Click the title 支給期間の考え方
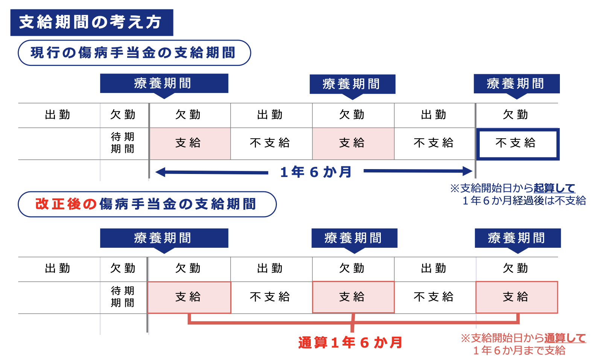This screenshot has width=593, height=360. point(91,23)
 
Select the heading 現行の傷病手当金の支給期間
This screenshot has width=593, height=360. point(134,53)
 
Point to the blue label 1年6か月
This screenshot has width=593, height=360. point(316,172)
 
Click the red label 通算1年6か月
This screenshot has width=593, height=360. point(350,343)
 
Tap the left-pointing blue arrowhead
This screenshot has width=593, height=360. point(160,172)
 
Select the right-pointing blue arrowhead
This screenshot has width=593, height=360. point(468,171)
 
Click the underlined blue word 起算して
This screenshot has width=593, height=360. point(554,188)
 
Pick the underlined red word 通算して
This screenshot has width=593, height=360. point(565,338)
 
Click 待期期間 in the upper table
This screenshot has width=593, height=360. point(123,143)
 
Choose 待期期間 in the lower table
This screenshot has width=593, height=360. point(123,297)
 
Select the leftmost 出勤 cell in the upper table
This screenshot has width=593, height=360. point(58,115)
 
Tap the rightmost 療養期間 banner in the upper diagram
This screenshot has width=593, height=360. point(516,84)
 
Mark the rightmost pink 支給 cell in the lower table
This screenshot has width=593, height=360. point(516,297)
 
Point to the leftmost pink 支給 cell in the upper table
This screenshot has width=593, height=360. point(188,143)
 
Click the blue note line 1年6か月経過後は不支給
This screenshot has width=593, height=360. point(524,201)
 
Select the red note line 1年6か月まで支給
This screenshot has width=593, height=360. point(519,351)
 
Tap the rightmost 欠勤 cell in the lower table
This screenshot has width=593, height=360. point(516,268)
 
